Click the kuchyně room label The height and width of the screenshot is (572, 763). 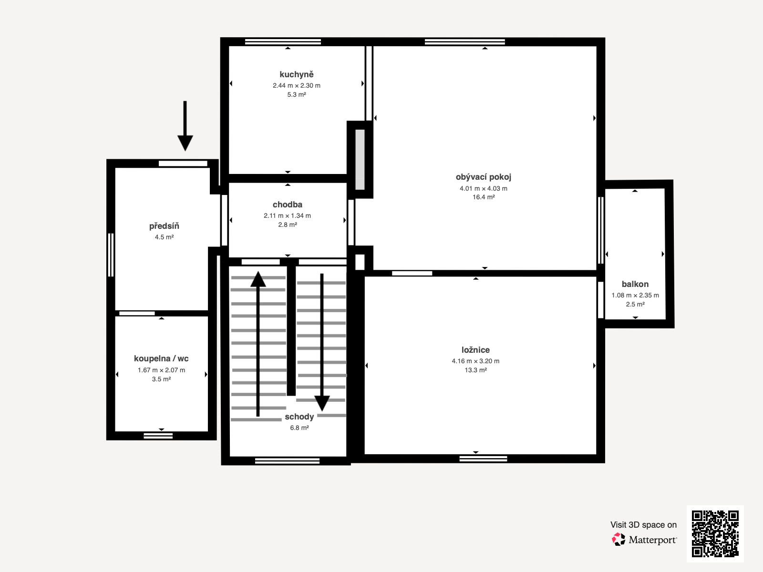click(297, 74)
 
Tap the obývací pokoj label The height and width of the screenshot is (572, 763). click(484, 177)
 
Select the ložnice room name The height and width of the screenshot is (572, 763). click(475, 350)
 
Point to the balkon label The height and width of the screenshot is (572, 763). click(635, 284)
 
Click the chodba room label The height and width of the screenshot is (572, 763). click(288, 204)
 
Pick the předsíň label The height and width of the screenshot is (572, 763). click(164, 226)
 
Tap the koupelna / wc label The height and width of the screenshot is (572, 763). click(161, 358)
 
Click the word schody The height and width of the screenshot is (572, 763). click(299, 417)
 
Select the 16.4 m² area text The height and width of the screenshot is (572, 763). click(484, 197)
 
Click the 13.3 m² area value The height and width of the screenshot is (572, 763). click(475, 370)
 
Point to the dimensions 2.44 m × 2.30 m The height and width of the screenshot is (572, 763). click(297, 85)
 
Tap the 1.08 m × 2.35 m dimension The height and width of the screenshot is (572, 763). click(635, 295)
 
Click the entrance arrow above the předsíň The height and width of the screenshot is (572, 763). click(186, 126)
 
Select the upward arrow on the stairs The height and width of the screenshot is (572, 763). click(258, 344)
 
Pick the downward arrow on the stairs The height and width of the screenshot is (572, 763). click(322, 342)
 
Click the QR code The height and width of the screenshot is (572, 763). click(715, 533)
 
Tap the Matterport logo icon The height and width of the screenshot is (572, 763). click(619, 540)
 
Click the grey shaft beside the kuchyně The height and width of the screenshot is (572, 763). click(360, 159)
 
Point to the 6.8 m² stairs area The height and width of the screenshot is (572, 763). click(299, 428)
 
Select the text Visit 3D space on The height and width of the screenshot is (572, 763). click(643, 525)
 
